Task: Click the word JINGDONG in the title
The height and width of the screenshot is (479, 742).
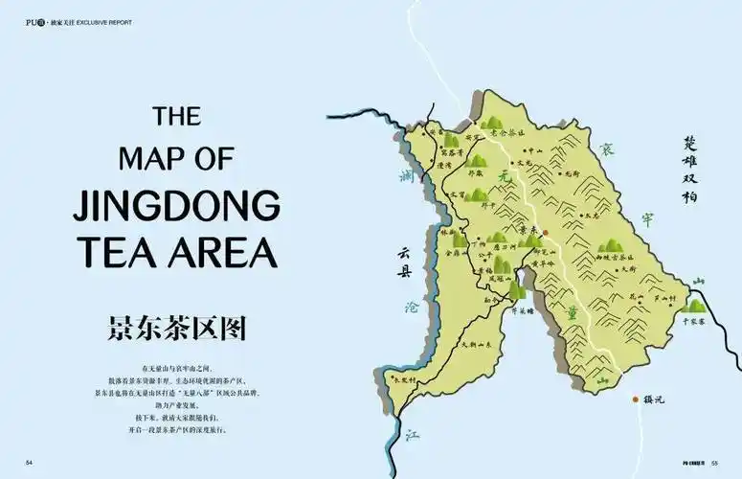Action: (176, 205)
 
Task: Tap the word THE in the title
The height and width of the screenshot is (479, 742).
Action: (177, 116)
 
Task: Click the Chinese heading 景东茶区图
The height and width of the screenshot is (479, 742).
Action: (177, 327)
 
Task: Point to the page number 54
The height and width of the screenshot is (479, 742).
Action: (30, 464)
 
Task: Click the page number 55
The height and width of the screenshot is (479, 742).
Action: (714, 464)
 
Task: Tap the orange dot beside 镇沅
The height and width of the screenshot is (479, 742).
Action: (634, 399)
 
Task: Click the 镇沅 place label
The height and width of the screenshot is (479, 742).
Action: (654, 399)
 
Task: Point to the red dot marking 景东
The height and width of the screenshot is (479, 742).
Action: (544, 233)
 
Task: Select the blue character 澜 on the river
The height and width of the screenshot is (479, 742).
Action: (406, 175)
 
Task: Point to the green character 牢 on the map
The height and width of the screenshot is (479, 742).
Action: (646, 218)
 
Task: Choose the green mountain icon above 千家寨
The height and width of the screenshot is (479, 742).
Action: (696, 306)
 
